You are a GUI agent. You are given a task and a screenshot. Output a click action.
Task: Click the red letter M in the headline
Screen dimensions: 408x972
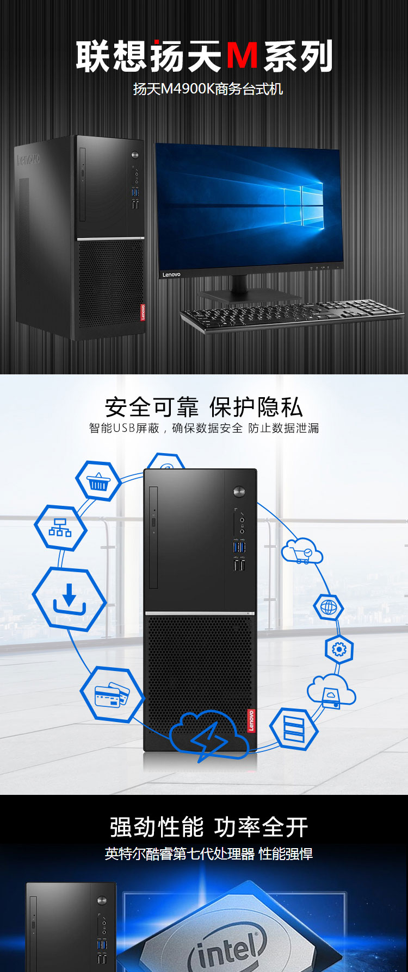coord(242,56)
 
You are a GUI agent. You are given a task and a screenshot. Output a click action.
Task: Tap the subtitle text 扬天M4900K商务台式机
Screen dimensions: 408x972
coord(208,89)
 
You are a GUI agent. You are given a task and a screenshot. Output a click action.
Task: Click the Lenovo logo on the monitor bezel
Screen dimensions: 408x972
coord(171,275)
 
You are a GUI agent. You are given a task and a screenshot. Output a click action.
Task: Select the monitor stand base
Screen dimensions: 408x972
coord(249,295)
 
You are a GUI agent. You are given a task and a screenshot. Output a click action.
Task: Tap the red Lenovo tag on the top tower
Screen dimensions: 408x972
coord(143,312)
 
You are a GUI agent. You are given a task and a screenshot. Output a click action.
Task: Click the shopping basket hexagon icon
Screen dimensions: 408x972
coord(98,481)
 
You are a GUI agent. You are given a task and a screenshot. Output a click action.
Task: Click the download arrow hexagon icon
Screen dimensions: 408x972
coord(69,599)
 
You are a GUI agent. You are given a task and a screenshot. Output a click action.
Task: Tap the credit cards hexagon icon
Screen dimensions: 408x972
coord(112,694)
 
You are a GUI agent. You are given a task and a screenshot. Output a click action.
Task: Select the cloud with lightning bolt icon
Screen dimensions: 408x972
coord(209,735)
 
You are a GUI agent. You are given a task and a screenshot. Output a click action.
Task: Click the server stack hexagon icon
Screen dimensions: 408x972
coord(294,728)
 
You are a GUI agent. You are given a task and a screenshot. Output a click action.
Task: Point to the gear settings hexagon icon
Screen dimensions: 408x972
coord(339,649)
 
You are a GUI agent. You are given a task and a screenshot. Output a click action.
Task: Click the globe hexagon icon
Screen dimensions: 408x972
coord(329,607)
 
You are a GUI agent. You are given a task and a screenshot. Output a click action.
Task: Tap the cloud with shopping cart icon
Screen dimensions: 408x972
coord(302,551)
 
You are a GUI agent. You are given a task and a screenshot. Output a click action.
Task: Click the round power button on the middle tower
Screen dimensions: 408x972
coord(239,492)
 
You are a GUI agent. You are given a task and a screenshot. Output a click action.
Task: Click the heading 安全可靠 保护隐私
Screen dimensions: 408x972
coord(204,407)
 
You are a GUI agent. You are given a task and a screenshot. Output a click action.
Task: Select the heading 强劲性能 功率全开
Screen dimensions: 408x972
coord(209,827)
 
